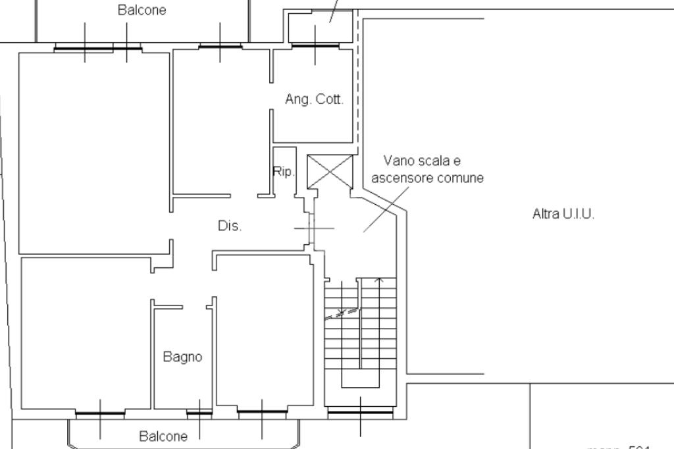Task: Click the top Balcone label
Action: pos(142,11)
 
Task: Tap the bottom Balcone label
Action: pos(163,436)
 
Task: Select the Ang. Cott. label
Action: pos(314,100)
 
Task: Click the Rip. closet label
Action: pos(283,172)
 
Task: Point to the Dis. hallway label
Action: pos(230,226)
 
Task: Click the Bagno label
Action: pos(182,357)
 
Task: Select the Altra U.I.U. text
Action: pos(563,214)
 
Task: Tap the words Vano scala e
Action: pos(422,161)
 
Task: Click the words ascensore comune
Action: pos(427,178)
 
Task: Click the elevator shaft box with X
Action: pos(330,171)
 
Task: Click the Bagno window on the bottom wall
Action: pos(199,413)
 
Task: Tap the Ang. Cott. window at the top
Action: pos(315,45)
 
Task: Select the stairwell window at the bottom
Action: pos(360,413)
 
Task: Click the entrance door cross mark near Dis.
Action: pos(313,228)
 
